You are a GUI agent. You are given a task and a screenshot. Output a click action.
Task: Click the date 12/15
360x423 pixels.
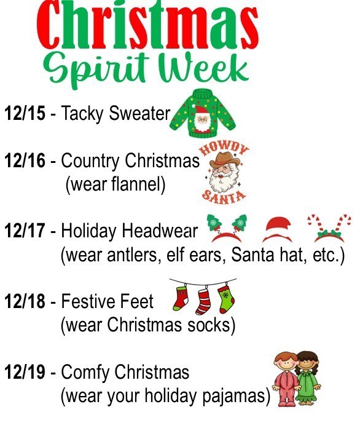pos(25,114)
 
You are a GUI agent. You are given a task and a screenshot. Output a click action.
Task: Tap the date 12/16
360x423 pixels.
pos(25,162)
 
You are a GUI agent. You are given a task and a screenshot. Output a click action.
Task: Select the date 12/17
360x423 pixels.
pos(25,232)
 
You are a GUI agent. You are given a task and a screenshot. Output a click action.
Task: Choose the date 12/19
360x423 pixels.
pos(25,373)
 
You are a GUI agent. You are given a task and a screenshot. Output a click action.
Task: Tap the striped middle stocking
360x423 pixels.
pos(203,299)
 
